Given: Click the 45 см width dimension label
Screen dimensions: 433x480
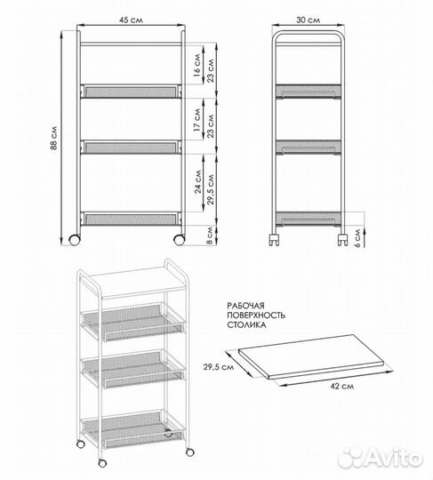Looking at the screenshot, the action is coord(131,20).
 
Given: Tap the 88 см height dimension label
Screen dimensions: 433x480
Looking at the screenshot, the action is coord(53,138).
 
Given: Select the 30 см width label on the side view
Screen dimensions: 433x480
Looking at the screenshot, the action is coord(308,20).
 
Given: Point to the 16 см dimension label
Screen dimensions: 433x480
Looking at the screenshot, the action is coord(197,65).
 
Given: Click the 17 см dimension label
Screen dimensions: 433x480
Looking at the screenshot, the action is coord(197,120).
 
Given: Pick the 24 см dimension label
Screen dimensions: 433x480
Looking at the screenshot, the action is coord(198,182).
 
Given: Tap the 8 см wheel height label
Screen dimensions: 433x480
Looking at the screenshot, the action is coord(210,235).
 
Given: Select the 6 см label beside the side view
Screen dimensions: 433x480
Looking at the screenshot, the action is coord(357,238).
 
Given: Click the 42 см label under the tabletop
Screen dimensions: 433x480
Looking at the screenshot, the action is coord(342,386).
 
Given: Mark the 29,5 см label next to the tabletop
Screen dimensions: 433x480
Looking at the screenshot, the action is coord(219,366).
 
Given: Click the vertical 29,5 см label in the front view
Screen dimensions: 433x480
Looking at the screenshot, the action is coord(211,189).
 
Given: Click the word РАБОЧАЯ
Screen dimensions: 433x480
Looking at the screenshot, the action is coord(245,306).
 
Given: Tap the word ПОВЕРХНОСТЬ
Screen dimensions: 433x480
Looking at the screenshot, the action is coord(256,315).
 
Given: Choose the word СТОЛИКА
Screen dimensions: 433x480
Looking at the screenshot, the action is coord(246,324).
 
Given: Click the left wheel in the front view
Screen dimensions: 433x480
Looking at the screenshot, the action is coord(75,240).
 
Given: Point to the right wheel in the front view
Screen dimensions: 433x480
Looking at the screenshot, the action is coord(179,240).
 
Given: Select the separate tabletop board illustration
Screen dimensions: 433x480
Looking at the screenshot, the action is coord(311,356).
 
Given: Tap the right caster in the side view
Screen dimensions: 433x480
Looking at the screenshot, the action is coord(342,240).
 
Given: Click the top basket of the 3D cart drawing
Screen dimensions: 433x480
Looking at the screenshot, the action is coord(132,322).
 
